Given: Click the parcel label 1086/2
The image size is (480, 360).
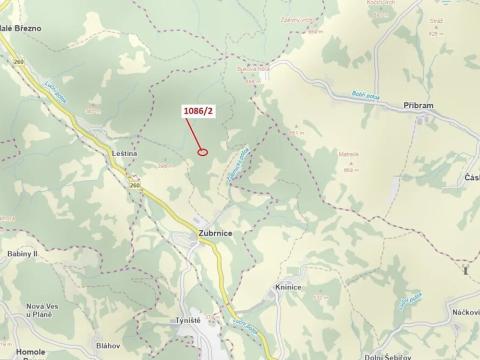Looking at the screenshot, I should tap(196, 111).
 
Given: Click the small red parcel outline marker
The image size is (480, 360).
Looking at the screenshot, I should tap(202, 152).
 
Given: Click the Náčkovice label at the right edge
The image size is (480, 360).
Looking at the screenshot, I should tap(464, 287).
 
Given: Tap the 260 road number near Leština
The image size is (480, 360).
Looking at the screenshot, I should tap(133, 185).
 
